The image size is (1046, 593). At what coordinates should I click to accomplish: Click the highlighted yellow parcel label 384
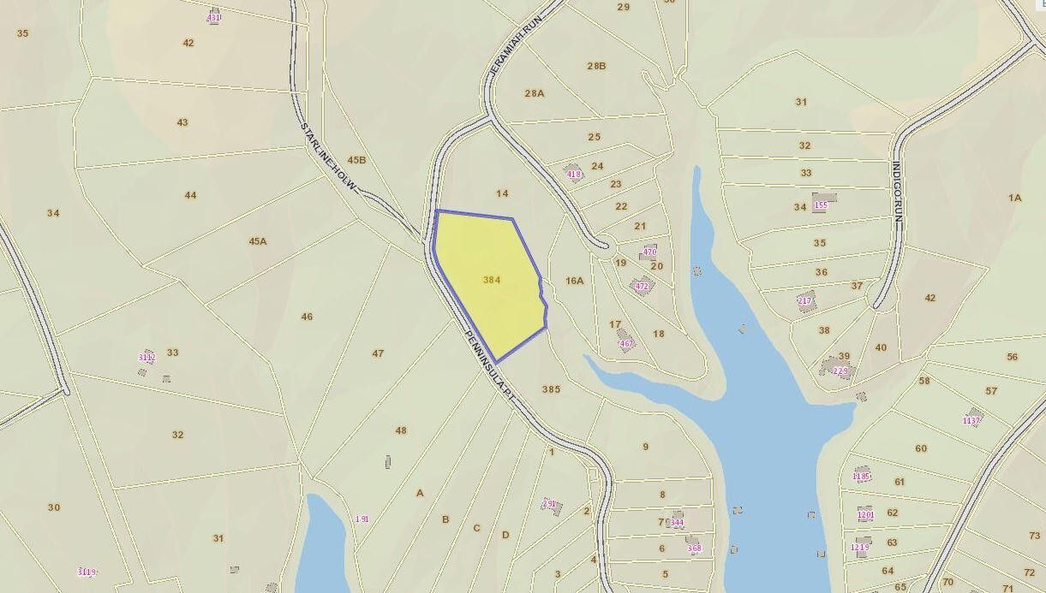492,280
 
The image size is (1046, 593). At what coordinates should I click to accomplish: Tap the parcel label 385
551,389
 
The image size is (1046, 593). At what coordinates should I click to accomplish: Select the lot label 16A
574,281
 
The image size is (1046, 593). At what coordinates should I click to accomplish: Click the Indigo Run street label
897,192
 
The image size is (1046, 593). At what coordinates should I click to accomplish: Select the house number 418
574,175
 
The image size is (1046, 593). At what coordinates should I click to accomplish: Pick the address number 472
642,287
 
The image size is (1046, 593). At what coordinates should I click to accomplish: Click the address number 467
626,344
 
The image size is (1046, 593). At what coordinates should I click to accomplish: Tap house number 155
821,205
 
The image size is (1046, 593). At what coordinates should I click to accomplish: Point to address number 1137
971,421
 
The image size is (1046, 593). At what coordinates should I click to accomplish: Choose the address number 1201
865,515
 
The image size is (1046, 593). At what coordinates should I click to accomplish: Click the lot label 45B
356,160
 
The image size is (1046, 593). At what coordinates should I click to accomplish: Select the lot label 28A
534,93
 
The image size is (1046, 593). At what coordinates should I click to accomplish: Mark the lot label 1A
1014,198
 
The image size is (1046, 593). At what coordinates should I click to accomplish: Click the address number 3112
146,358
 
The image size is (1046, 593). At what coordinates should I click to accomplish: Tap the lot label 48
401,430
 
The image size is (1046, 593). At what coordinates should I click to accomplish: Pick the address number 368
694,549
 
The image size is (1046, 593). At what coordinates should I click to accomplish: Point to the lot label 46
307,317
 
